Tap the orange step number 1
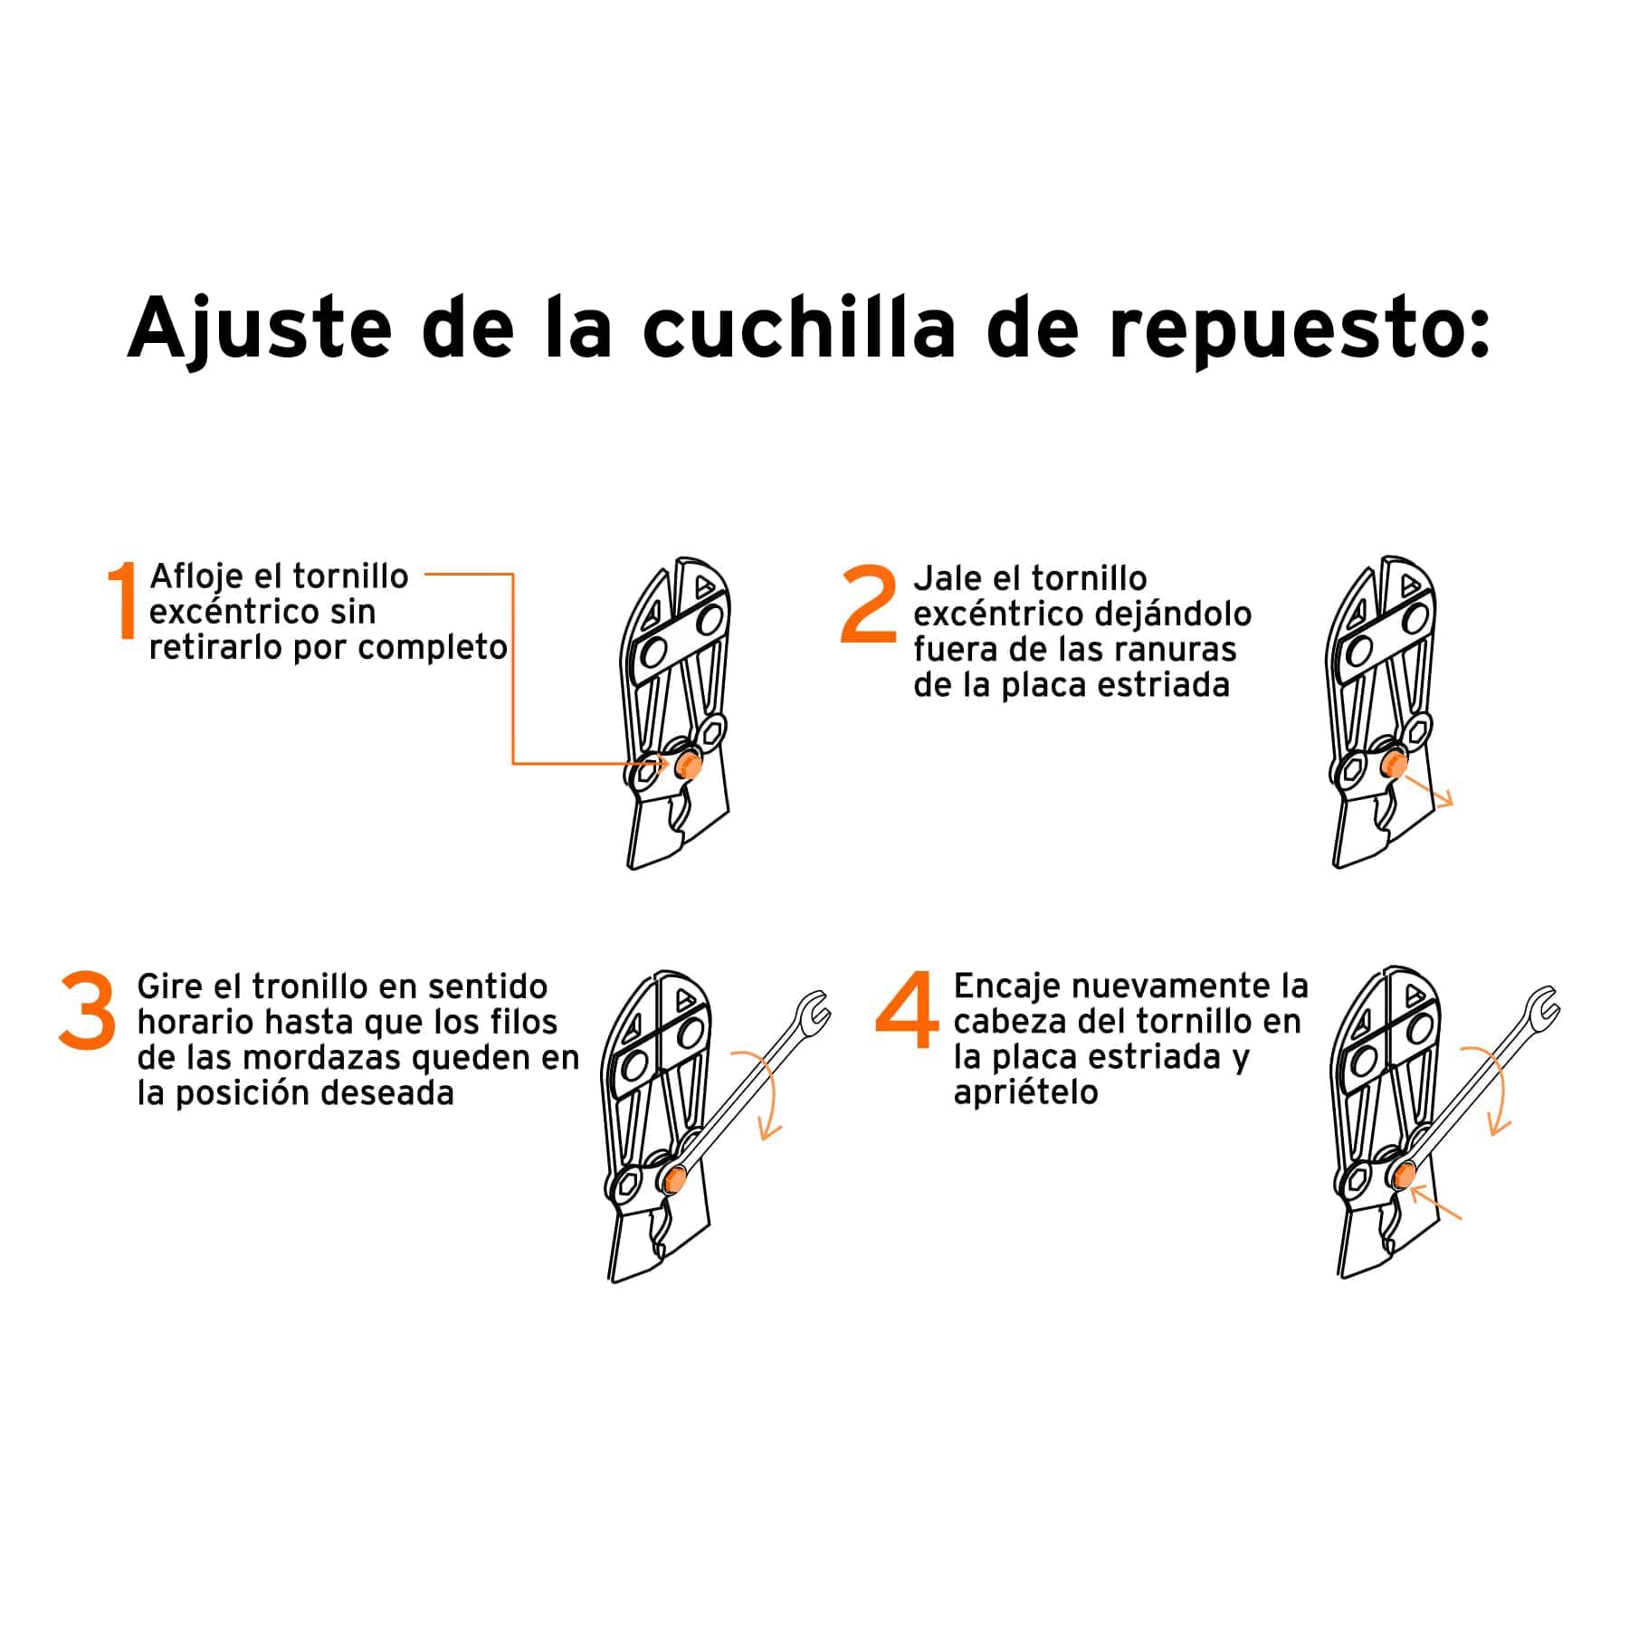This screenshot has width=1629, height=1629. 122,600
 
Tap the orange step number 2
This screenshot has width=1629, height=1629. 868,604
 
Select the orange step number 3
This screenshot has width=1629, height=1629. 88,1011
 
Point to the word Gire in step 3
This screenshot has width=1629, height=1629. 172,986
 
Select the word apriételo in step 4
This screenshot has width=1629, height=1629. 1025,1092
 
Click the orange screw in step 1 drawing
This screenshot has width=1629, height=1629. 687,766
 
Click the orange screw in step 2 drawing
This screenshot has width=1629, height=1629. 1395,767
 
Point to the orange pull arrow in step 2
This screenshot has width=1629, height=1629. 1431,791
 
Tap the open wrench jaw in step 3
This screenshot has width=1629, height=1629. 814,1009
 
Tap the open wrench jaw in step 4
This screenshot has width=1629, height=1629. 1543,1004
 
